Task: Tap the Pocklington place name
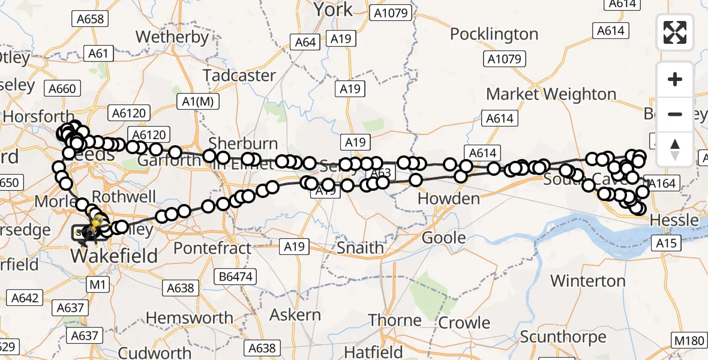(x=494, y=34)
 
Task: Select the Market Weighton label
(x=551, y=94)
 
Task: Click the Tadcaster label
(x=239, y=76)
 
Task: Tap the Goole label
(x=443, y=238)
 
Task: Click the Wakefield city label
(x=114, y=256)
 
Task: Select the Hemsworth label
(x=190, y=317)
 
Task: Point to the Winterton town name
(x=587, y=280)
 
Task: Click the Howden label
(x=448, y=198)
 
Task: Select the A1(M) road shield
(x=198, y=102)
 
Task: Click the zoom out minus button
(x=675, y=115)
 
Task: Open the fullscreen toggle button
(x=675, y=32)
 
